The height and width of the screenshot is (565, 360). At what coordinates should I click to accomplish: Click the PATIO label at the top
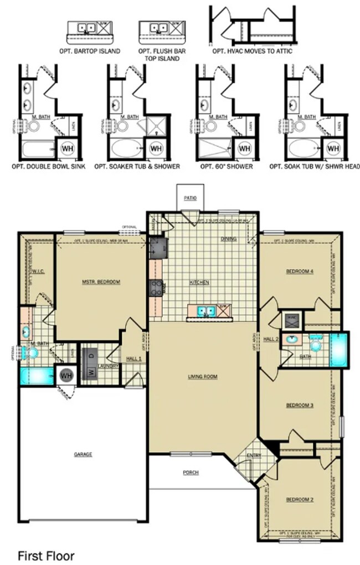(189, 198)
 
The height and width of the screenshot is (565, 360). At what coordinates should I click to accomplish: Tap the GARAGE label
(83, 454)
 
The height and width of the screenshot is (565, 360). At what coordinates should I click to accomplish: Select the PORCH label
(191, 472)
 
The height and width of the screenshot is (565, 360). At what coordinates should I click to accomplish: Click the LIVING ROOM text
(202, 377)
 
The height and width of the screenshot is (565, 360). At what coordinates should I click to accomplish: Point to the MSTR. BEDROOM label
(101, 282)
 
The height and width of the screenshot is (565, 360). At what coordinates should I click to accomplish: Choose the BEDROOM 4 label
(300, 271)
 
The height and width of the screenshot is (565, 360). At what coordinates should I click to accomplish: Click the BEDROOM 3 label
(300, 405)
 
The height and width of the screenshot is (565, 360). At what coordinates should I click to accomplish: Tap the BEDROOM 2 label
(300, 500)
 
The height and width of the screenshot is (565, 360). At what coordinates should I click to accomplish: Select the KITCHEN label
(199, 282)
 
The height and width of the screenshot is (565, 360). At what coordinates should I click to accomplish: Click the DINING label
(229, 239)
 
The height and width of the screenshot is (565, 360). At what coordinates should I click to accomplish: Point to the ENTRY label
(254, 455)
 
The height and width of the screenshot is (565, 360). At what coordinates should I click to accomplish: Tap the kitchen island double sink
(203, 311)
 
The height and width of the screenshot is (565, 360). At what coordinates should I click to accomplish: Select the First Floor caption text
(46, 554)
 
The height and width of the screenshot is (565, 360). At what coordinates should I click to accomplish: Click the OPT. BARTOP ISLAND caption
(90, 51)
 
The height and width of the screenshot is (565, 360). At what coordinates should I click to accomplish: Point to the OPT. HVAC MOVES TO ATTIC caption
(252, 51)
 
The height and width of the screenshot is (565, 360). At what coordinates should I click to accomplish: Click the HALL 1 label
(134, 359)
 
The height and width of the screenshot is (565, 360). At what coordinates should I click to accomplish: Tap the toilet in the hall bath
(316, 345)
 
